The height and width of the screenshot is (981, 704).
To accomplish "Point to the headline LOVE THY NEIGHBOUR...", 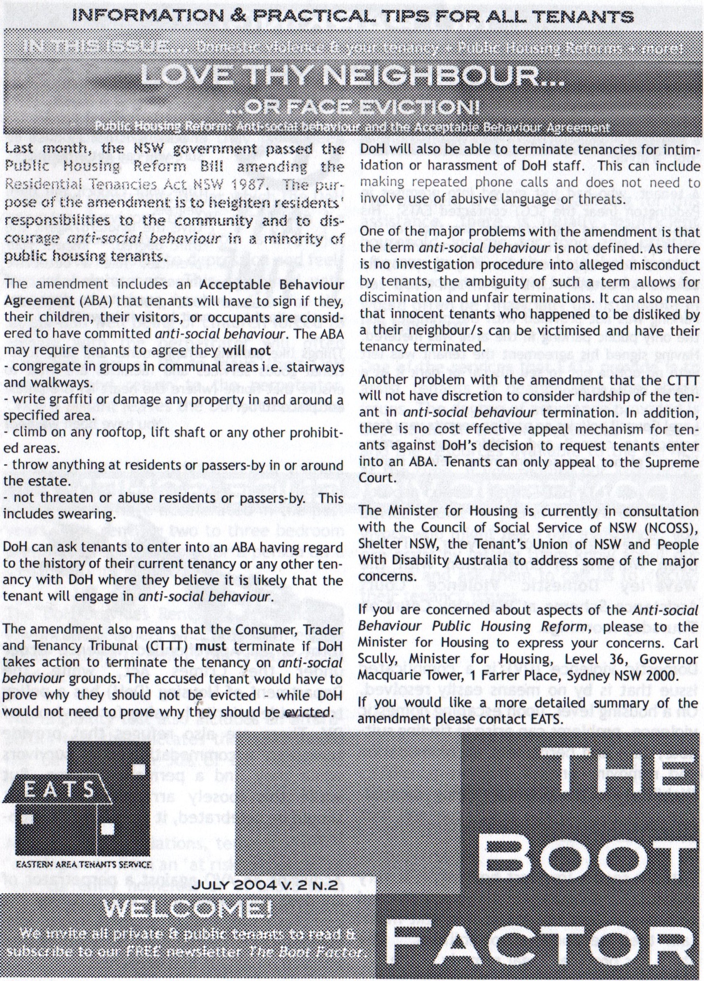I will point(352,76).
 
